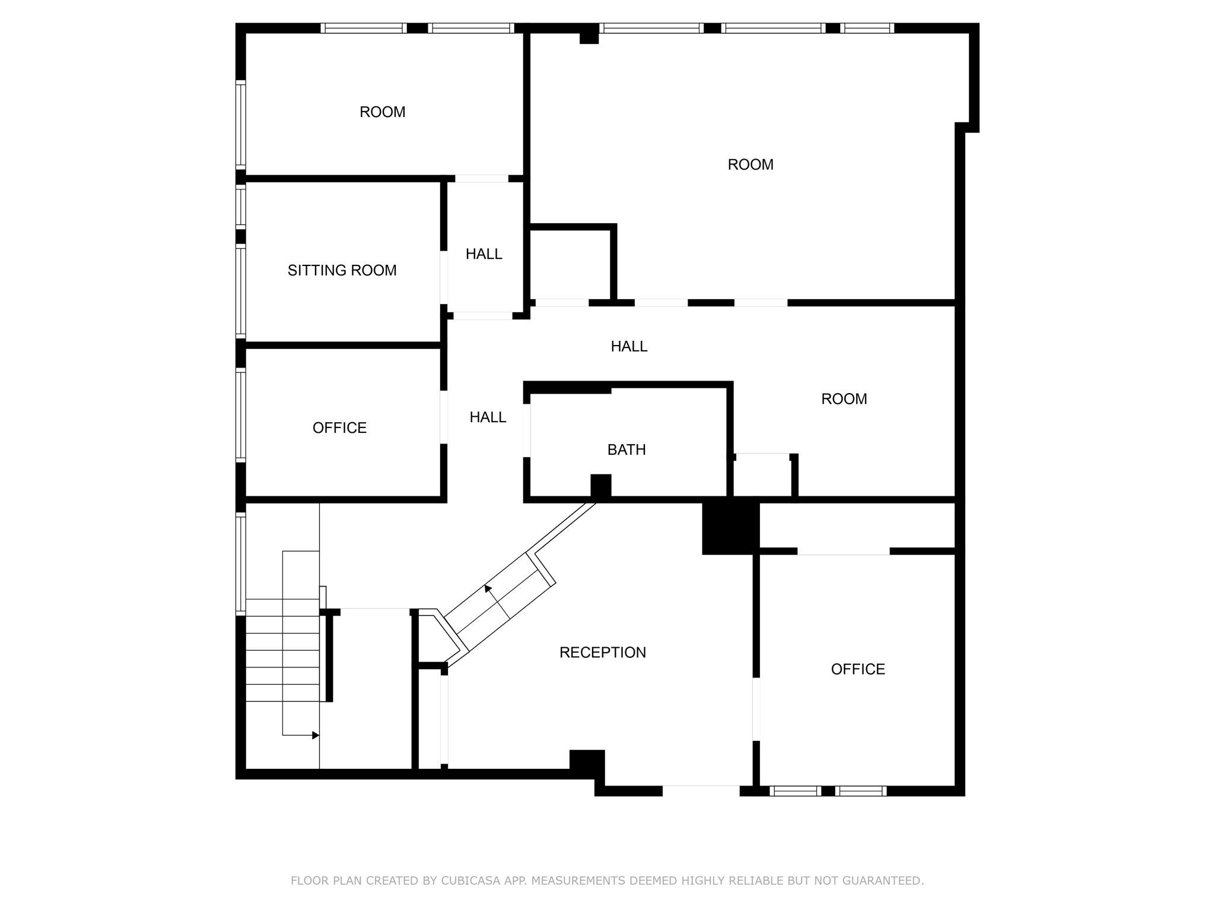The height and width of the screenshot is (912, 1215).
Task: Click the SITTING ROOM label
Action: tap(342, 271)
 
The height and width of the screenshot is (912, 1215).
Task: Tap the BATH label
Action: tap(626, 450)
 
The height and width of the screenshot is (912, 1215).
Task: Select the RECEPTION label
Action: tap(602, 653)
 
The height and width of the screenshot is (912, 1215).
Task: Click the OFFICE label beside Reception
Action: tap(858, 669)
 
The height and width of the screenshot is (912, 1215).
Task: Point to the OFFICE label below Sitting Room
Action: tap(339, 428)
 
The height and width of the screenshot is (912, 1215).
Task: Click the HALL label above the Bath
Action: tap(629, 346)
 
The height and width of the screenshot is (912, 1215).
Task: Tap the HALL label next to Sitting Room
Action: tap(484, 254)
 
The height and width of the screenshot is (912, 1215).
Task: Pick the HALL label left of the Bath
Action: tap(488, 417)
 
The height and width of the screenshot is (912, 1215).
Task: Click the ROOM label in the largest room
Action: tap(750, 164)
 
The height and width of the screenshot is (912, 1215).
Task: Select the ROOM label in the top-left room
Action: tap(382, 112)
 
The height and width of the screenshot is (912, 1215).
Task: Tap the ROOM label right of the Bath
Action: tap(844, 399)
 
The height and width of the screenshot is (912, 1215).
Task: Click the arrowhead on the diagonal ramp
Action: tap(488, 589)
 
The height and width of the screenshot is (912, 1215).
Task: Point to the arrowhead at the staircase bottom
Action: tap(316, 735)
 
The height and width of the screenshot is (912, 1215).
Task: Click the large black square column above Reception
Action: tap(730, 528)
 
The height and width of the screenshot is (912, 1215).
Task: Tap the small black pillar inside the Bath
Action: tap(600, 485)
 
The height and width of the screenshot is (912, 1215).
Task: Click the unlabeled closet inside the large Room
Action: tap(570, 264)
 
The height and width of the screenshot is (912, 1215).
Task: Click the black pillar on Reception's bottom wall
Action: tap(587, 763)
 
